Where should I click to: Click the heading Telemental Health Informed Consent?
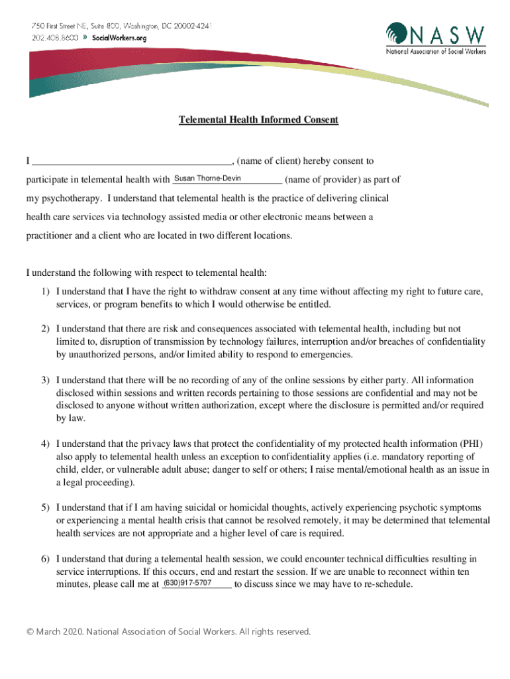258,120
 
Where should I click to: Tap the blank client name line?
132,161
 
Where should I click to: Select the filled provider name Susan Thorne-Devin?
207,178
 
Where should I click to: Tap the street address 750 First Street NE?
62,25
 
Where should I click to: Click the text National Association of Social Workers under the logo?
436,52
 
